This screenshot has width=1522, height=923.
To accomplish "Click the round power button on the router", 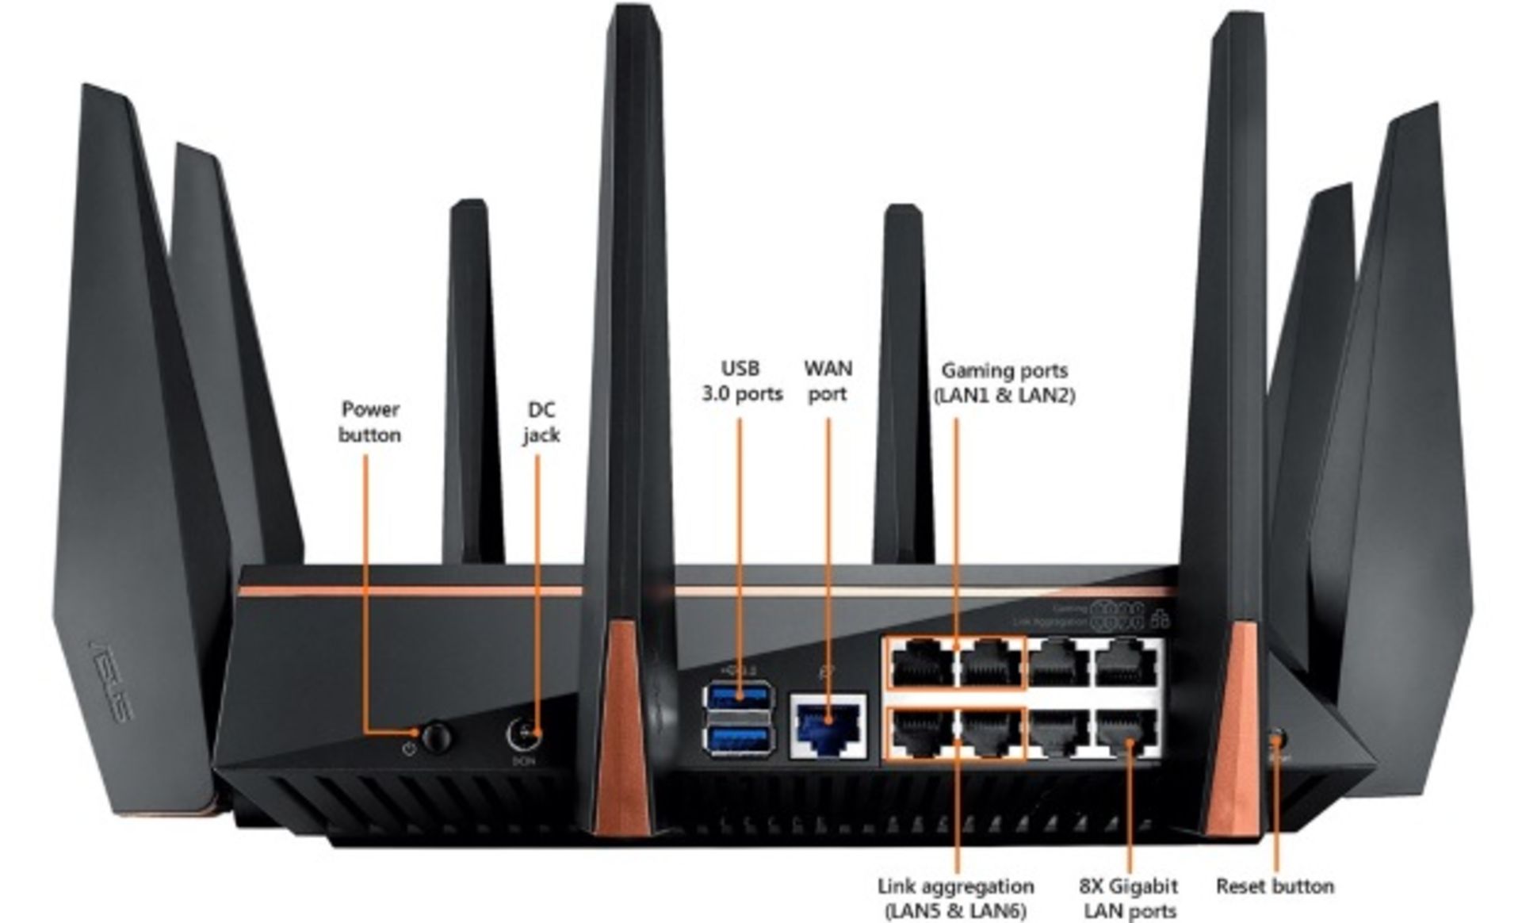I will click(435, 737).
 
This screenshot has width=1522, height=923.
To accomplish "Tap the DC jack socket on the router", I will click(524, 734).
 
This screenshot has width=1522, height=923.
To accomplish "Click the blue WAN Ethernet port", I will click(828, 726).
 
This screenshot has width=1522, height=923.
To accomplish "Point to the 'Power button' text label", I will click(369, 422).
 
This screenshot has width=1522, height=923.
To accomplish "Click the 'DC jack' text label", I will click(541, 422).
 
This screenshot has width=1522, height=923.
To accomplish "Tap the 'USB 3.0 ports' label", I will click(741, 381).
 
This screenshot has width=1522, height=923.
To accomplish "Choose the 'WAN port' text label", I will click(828, 381).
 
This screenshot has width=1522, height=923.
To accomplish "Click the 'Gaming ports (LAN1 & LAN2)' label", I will click(1004, 382).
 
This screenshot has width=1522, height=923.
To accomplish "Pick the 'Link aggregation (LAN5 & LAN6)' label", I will click(955, 897).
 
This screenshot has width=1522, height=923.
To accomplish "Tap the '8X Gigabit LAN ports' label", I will click(1129, 898).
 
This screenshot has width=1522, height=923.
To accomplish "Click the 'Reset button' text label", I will click(1274, 886).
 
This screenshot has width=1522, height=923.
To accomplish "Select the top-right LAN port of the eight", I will click(1127, 663).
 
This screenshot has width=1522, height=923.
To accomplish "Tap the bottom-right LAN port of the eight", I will click(1127, 731).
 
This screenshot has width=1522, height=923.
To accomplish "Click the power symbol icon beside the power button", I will click(409, 748).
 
